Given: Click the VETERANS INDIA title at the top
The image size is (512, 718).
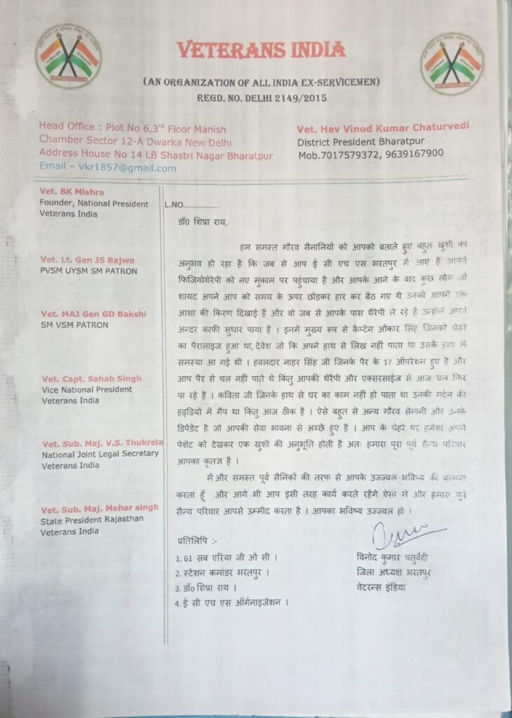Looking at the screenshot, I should click(261, 50).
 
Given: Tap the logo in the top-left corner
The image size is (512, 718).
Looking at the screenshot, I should click(68, 56).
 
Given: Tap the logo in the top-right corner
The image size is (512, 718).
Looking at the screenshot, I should click(452, 63).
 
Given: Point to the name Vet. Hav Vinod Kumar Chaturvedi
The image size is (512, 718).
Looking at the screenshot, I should click(383, 127).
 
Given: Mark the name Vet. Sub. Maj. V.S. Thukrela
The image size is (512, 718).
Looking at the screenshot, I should click(102, 443).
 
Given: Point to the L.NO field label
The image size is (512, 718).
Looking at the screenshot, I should click(174, 205).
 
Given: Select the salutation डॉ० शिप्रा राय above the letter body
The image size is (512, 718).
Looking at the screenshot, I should click(203, 223).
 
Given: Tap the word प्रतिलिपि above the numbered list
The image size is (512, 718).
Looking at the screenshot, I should click(198, 541).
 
